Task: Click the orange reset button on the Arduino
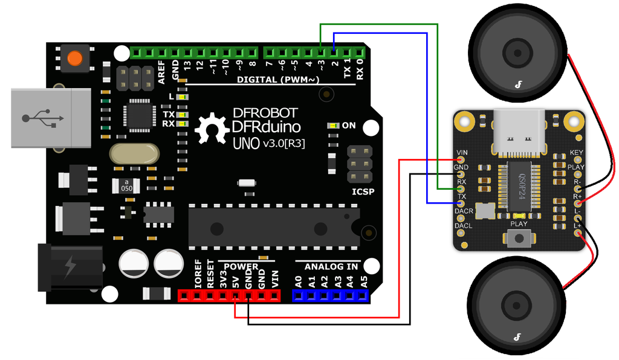75,59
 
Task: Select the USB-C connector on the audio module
519,134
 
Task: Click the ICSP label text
363,192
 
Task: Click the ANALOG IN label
331,266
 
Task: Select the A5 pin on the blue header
363,295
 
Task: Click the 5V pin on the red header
235,295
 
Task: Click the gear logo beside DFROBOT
212,129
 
